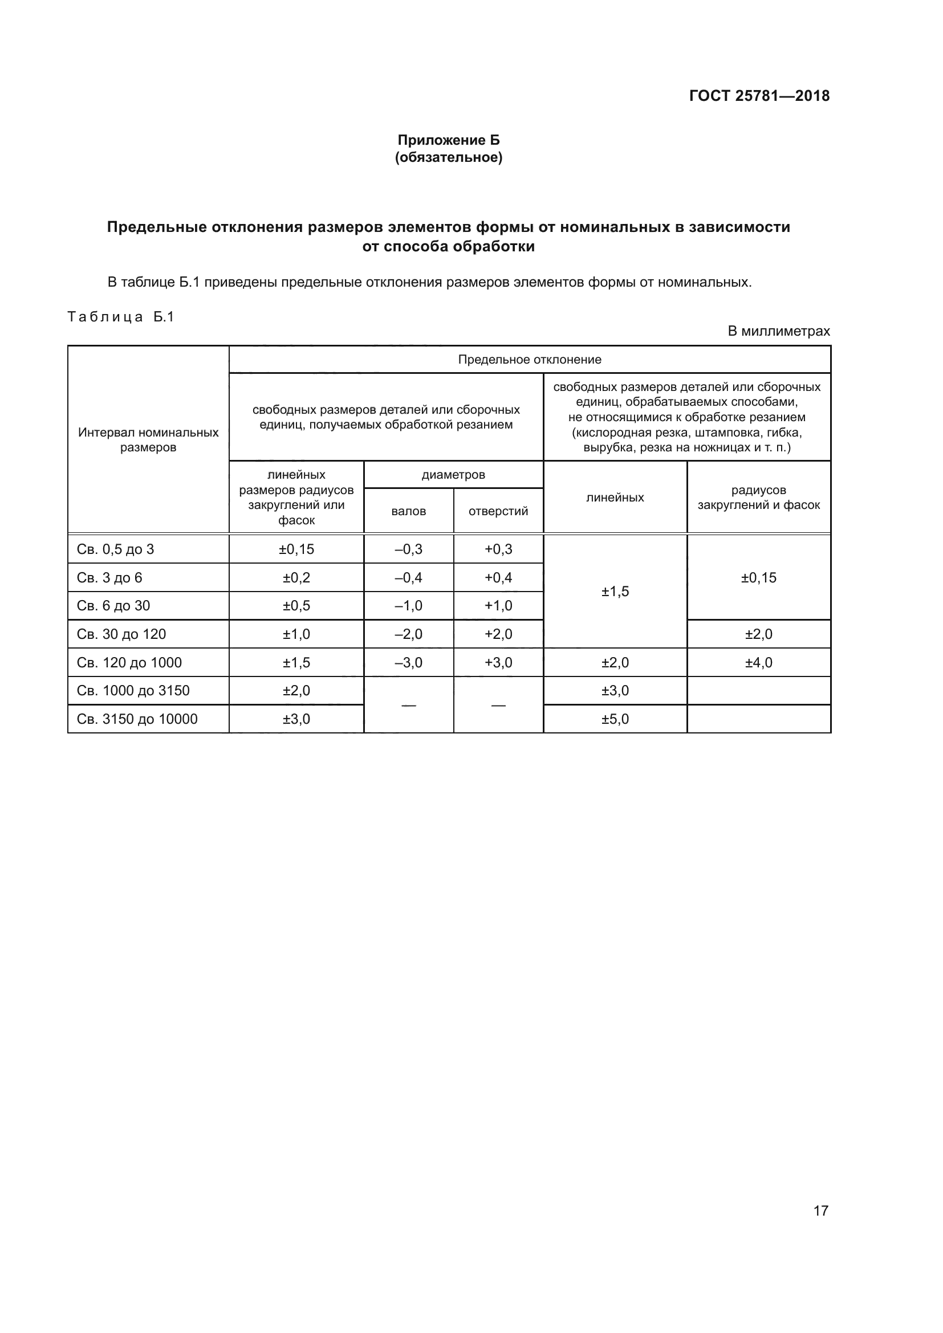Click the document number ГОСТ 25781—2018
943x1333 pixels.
(x=759, y=96)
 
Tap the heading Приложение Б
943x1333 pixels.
(x=448, y=140)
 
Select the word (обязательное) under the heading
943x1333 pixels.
(x=448, y=157)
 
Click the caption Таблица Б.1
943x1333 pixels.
(x=121, y=317)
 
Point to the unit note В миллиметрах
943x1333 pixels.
(x=779, y=331)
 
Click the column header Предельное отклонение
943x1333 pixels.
(x=530, y=360)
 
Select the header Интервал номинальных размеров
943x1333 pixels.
(x=148, y=439)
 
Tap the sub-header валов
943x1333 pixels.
(x=408, y=511)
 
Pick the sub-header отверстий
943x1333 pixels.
(x=498, y=511)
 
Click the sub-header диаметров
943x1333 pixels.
(x=453, y=474)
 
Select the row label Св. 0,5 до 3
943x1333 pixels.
(x=116, y=549)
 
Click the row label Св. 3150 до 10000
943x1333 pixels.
(x=137, y=719)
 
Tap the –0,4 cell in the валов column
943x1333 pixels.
(x=408, y=578)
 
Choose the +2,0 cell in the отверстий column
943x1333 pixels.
(x=498, y=634)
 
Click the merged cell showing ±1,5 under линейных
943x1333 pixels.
(x=615, y=591)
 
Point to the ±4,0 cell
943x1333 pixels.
(x=758, y=662)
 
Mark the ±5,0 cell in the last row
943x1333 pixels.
(x=615, y=719)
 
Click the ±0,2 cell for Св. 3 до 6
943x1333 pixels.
(x=296, y=578)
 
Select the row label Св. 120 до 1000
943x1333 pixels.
(x=129, y=662)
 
